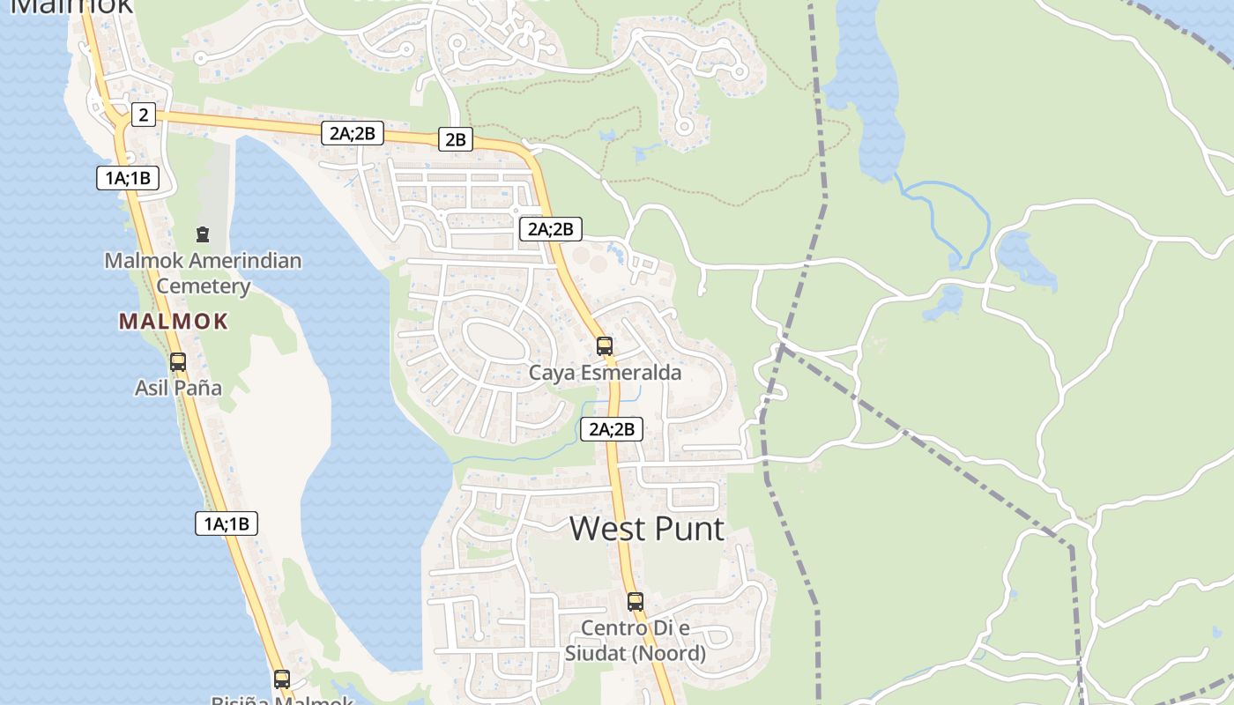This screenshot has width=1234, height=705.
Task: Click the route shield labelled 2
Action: pos(144,114)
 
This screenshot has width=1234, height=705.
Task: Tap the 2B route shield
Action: pos(455,138)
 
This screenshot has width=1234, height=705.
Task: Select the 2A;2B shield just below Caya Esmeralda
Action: pos(611,429)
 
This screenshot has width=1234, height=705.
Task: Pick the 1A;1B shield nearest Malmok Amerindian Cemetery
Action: pos(128,178)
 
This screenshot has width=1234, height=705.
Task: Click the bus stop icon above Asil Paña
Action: pos(178,361)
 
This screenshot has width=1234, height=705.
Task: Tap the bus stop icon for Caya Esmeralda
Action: pos(604,345)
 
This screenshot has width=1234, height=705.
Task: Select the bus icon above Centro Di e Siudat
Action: pos(635,602)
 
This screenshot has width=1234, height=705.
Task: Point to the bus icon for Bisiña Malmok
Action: pos(281,679)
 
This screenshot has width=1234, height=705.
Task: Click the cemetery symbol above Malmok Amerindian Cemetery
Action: pos(203,234)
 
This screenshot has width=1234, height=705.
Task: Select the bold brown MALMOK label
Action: pos(174,322)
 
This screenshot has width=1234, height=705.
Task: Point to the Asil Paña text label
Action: pos(178,388)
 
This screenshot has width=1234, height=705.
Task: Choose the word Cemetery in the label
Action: pos(204,286)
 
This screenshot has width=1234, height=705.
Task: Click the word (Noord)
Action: pos(671,654)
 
